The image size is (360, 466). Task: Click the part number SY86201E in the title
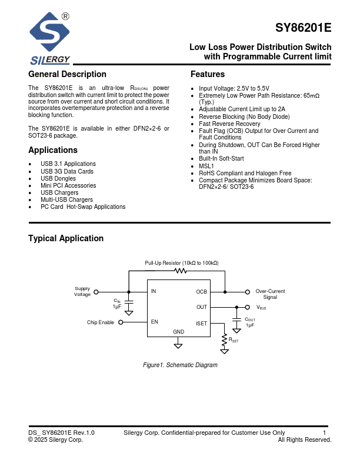pos(304,28)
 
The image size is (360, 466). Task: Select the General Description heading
pos(67,74)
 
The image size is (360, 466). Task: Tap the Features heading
pos(208,74)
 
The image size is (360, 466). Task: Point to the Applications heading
pos(53,150)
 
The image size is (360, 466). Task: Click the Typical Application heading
pos(66,238)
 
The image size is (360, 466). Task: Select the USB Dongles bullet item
pos(58,178)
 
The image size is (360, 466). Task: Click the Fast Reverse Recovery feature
pos(229,124)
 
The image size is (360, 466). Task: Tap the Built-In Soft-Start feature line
pos(221,159)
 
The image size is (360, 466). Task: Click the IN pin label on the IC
pos(154,291)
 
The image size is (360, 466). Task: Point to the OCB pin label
pos(201,291)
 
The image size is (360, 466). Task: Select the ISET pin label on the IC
pos(201,323)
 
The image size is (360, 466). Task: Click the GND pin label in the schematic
pos(179,332)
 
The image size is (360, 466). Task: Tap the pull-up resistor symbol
pos(181,271)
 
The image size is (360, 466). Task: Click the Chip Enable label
pos(101,322)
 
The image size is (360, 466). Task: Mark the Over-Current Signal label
pos(270,294)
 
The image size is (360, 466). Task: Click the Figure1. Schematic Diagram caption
pos(181,365)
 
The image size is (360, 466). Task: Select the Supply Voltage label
pos(82,291)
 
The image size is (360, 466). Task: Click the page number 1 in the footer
pos(325,432)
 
